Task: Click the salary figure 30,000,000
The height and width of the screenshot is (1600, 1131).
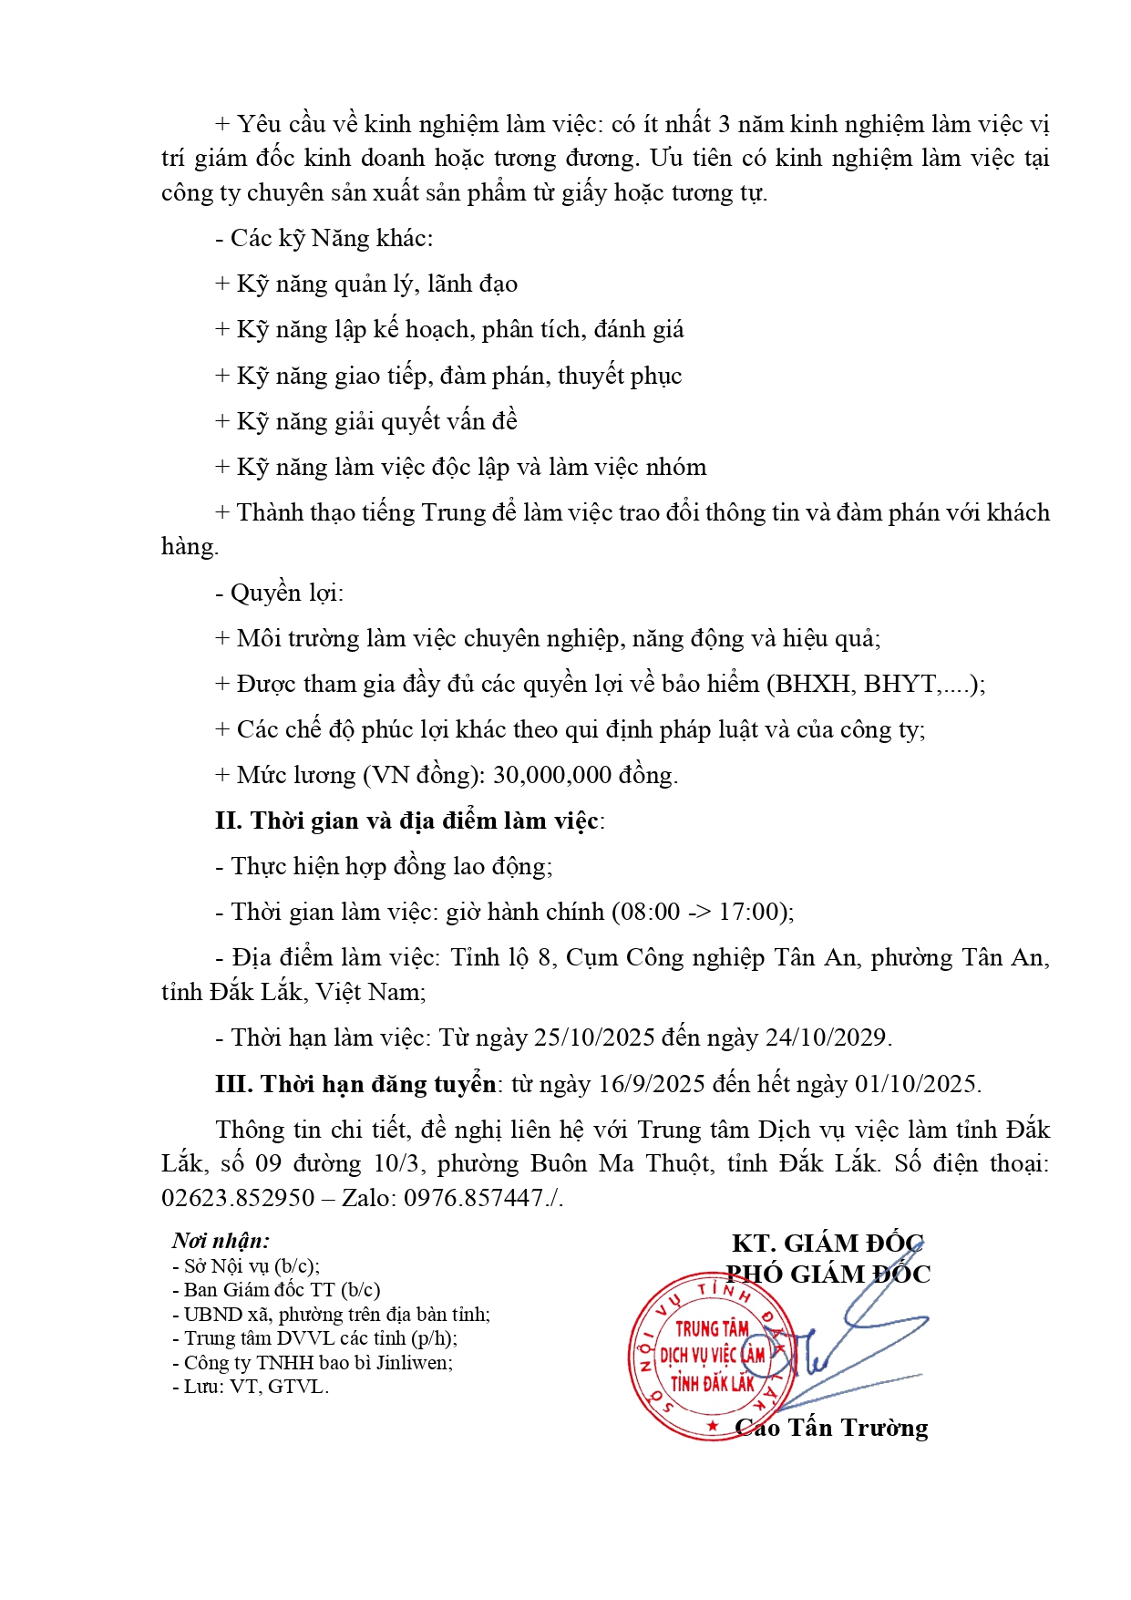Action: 552,776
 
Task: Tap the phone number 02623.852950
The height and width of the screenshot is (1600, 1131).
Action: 238,1198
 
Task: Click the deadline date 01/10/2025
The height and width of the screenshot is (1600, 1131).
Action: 914,1084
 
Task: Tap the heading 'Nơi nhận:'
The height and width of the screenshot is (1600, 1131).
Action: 221,1241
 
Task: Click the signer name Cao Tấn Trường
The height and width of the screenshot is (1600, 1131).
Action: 831,1428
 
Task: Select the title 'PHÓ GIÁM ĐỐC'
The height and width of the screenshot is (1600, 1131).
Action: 828,1275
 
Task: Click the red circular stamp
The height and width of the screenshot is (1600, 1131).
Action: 711,1356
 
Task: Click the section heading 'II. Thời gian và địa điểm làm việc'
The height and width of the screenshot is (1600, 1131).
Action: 407,821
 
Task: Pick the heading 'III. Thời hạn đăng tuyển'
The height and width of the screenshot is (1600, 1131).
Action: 355,1084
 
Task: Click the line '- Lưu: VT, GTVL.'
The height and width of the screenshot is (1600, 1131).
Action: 251,1387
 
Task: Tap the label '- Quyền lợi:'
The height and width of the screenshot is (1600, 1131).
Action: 279,594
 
